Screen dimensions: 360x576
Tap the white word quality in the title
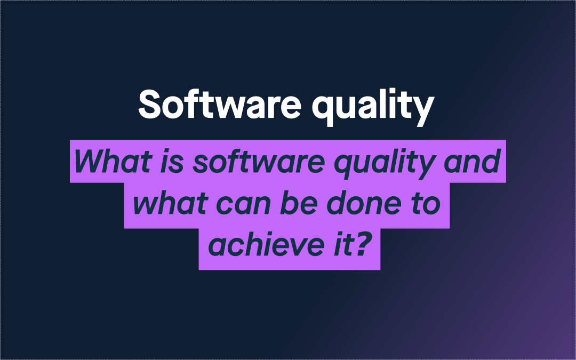click(x=372, y=107)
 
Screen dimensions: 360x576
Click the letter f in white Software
click(x=198, y=104)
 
